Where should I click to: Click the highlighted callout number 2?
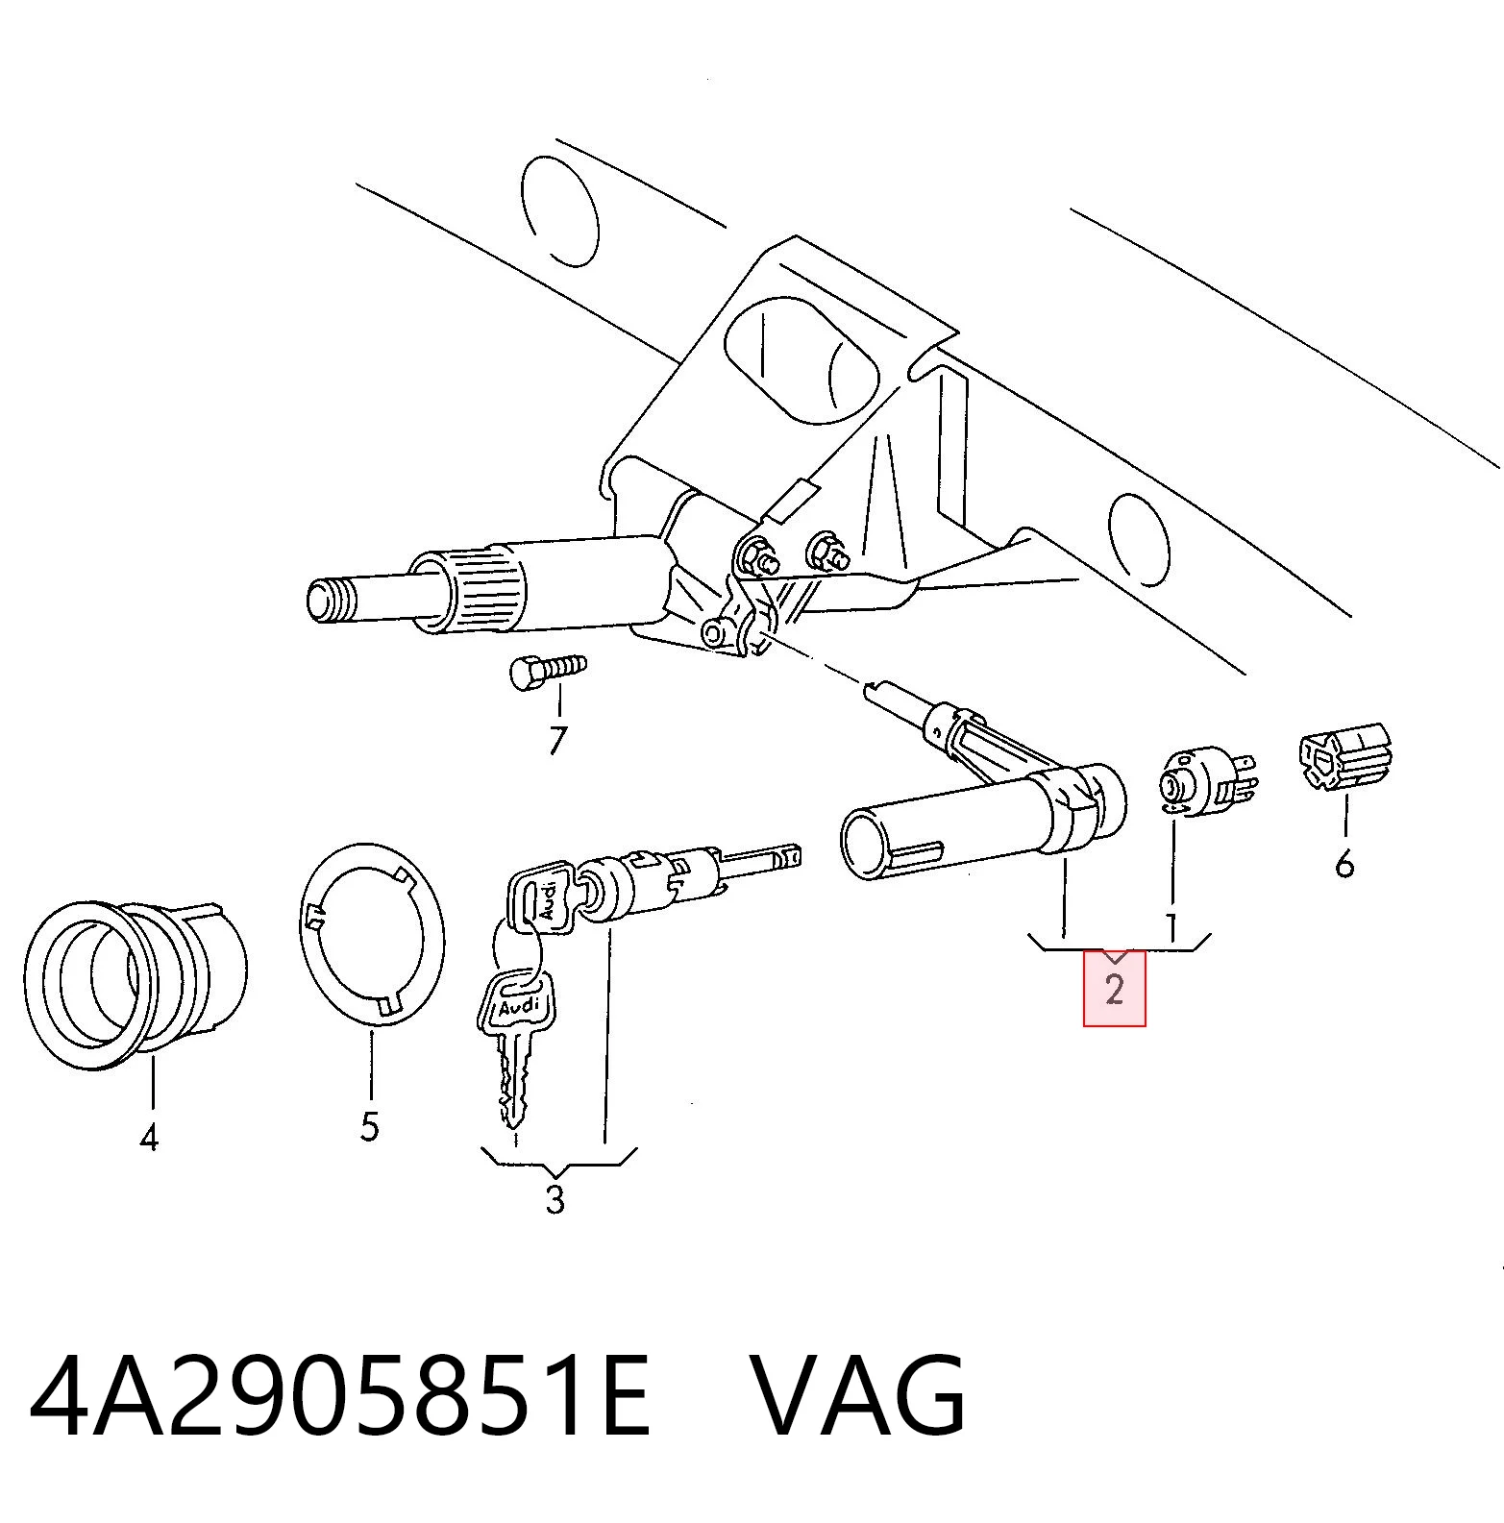[x=1114, y=989]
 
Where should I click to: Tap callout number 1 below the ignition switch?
[x=1171, y=926]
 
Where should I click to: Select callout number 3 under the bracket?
[x=555, y=1199]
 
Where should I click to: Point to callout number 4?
[x=148, y=1139]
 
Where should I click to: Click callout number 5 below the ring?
[x=370, y=1126]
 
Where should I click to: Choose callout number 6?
[x=1344, y=864]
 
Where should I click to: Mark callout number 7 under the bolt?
[x=557, y=740]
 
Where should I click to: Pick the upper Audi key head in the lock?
[x=538, y=899]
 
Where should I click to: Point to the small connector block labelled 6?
[x=1345, y=761]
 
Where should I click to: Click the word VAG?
[x=857, y=1397]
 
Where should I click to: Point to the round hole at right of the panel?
[x=1141, y=539]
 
